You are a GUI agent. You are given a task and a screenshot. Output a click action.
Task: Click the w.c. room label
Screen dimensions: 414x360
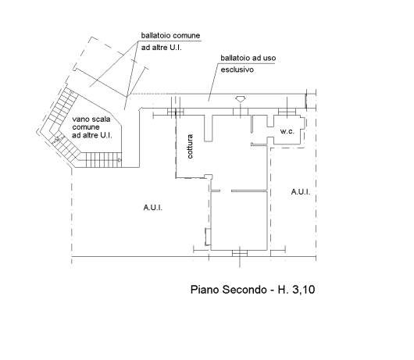coord(287,131)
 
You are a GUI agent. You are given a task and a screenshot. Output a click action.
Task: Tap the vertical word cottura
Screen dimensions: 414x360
coord(190,147)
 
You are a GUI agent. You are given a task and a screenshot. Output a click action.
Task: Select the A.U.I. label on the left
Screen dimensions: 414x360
coord(153,208)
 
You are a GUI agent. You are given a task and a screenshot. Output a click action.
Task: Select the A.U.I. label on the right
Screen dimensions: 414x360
coord(301,192)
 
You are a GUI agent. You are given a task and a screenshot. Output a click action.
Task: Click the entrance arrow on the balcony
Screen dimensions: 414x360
coord(241,99)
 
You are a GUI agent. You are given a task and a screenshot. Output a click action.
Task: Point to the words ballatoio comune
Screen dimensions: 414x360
coord(170,35)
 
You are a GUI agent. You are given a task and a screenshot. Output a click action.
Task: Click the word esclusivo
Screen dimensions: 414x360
coord(237,70)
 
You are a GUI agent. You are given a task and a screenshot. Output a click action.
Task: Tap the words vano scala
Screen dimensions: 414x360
coord(91,119)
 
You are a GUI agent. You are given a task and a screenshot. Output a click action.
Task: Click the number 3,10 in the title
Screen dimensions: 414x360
coord(304,290)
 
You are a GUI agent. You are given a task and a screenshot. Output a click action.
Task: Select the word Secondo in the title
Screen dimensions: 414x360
coord(244,290)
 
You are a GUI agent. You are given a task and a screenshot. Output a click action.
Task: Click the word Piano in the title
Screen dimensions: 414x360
coord(205,290)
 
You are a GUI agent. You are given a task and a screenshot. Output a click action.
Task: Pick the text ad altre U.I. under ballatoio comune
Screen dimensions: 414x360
coord(162,48)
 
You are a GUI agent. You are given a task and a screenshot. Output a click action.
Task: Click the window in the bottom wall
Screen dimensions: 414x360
coord(240,253)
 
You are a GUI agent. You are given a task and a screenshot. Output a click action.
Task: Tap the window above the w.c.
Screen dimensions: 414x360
coord(287,112)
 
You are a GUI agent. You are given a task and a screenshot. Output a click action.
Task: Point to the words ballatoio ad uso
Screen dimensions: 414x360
coord(248,58)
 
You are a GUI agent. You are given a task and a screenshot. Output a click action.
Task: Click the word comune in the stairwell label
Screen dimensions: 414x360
coord(86,127)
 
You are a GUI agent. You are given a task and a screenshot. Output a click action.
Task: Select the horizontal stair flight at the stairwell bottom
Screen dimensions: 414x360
coord(103,160)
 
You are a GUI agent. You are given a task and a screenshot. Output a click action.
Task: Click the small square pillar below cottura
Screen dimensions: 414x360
coord(209,177)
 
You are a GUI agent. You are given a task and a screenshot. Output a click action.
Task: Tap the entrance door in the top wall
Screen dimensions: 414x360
coord(241,112)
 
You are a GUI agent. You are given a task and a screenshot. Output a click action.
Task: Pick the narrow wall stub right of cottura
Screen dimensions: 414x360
coord(209,128)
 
